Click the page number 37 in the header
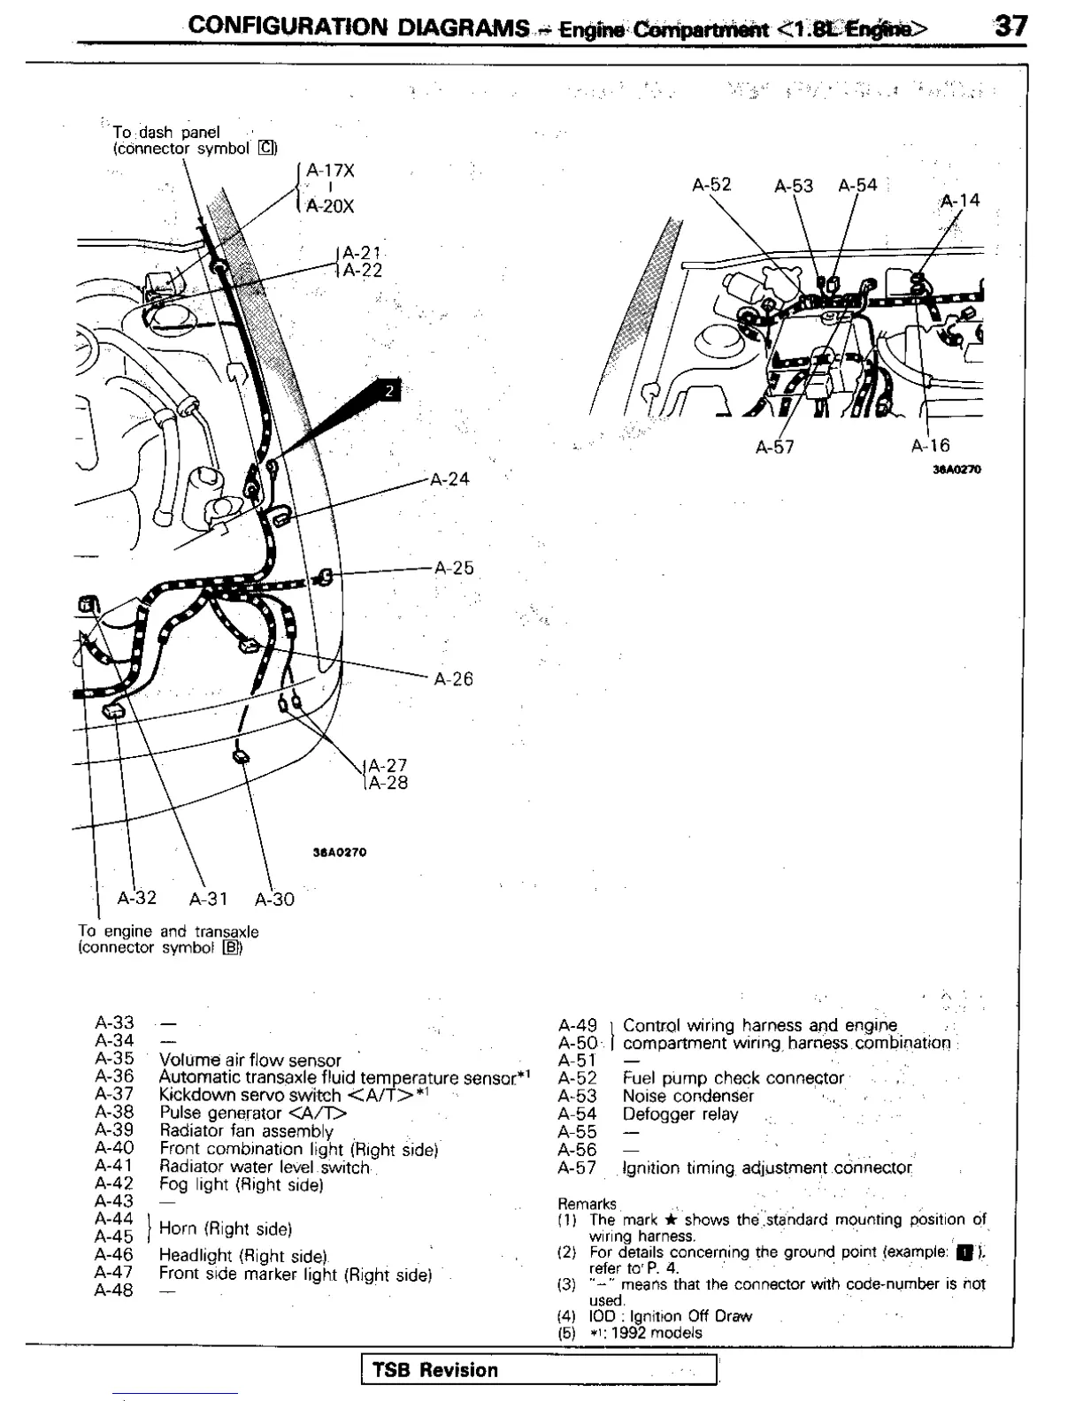1010,26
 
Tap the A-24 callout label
449,479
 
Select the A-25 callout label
454,568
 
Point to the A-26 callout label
453,679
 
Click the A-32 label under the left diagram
137,898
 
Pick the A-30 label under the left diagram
274,900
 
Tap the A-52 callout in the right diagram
711,185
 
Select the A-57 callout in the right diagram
774,448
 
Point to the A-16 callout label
930,447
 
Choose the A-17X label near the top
330,172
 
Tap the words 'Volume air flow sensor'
250,1060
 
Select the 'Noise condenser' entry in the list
687,1096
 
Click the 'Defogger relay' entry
680,1114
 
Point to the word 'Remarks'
587,1204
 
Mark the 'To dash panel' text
165,133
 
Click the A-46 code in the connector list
113,1255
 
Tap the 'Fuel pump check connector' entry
733,1078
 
